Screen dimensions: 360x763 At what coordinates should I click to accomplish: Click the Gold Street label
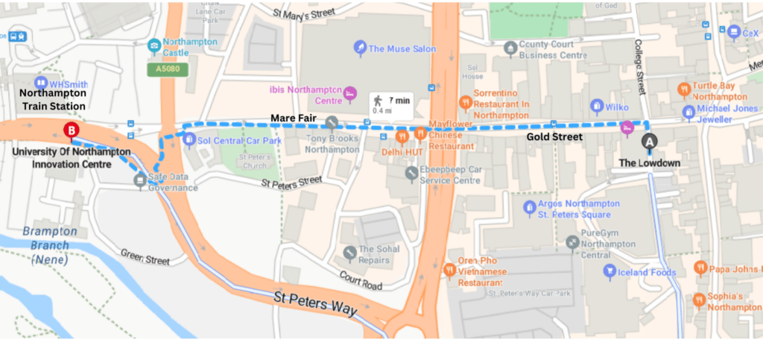[554, 137]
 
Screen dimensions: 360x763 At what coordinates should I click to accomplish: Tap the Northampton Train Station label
[53, 100]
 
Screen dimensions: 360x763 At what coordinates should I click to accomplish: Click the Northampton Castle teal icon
[154, 43]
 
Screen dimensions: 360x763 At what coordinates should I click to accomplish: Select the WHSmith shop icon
[40, 82]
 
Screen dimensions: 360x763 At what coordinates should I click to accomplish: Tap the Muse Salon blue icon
[359, 48]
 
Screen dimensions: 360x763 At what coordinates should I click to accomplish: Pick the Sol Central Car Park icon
[189, 140]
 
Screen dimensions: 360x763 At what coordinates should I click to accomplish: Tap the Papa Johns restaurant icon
[700, 268]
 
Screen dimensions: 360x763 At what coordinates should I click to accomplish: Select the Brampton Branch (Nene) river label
[50, 245]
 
